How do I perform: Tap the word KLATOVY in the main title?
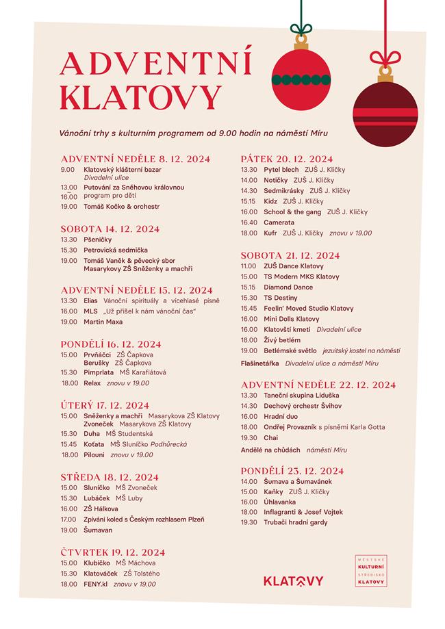140,97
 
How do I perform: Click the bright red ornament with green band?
301,79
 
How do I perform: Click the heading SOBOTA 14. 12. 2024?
110,229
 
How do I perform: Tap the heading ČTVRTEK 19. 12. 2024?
112,552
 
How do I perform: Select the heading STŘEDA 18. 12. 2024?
110,477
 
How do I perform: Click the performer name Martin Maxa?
103,322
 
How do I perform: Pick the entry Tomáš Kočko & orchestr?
121,206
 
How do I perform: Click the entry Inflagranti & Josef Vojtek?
303,512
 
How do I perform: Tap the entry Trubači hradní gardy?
295,523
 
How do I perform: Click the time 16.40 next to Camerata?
249,222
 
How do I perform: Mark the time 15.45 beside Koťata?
68,444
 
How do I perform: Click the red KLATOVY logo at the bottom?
293,581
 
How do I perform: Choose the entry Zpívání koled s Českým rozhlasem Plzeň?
143,519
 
